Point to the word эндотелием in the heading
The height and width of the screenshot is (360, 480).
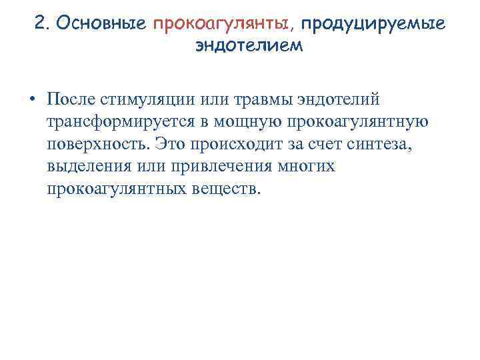(249, 47)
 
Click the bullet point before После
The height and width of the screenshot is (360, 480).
(31, 100)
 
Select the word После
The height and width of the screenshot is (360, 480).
(71, 100)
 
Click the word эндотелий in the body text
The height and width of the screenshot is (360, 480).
(342, 100)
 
